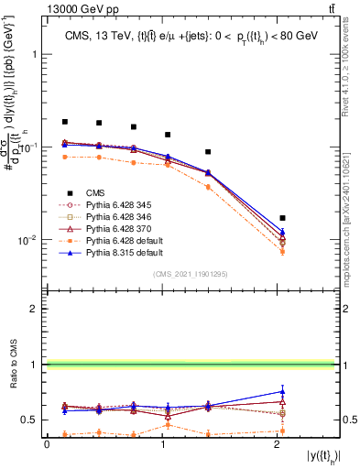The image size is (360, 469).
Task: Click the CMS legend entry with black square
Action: pos(84,192)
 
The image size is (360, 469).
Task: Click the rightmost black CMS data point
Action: pos(282,218)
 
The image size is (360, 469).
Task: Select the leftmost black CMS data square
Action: pos(65,122)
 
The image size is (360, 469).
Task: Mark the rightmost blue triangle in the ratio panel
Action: pos(282,391)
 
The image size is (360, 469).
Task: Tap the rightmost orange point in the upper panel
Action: pos(282,251)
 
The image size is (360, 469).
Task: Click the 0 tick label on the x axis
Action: pos(47,444)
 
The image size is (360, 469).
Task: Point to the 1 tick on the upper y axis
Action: pos(38,54)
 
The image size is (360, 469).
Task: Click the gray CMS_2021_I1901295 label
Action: pos(190,274)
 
